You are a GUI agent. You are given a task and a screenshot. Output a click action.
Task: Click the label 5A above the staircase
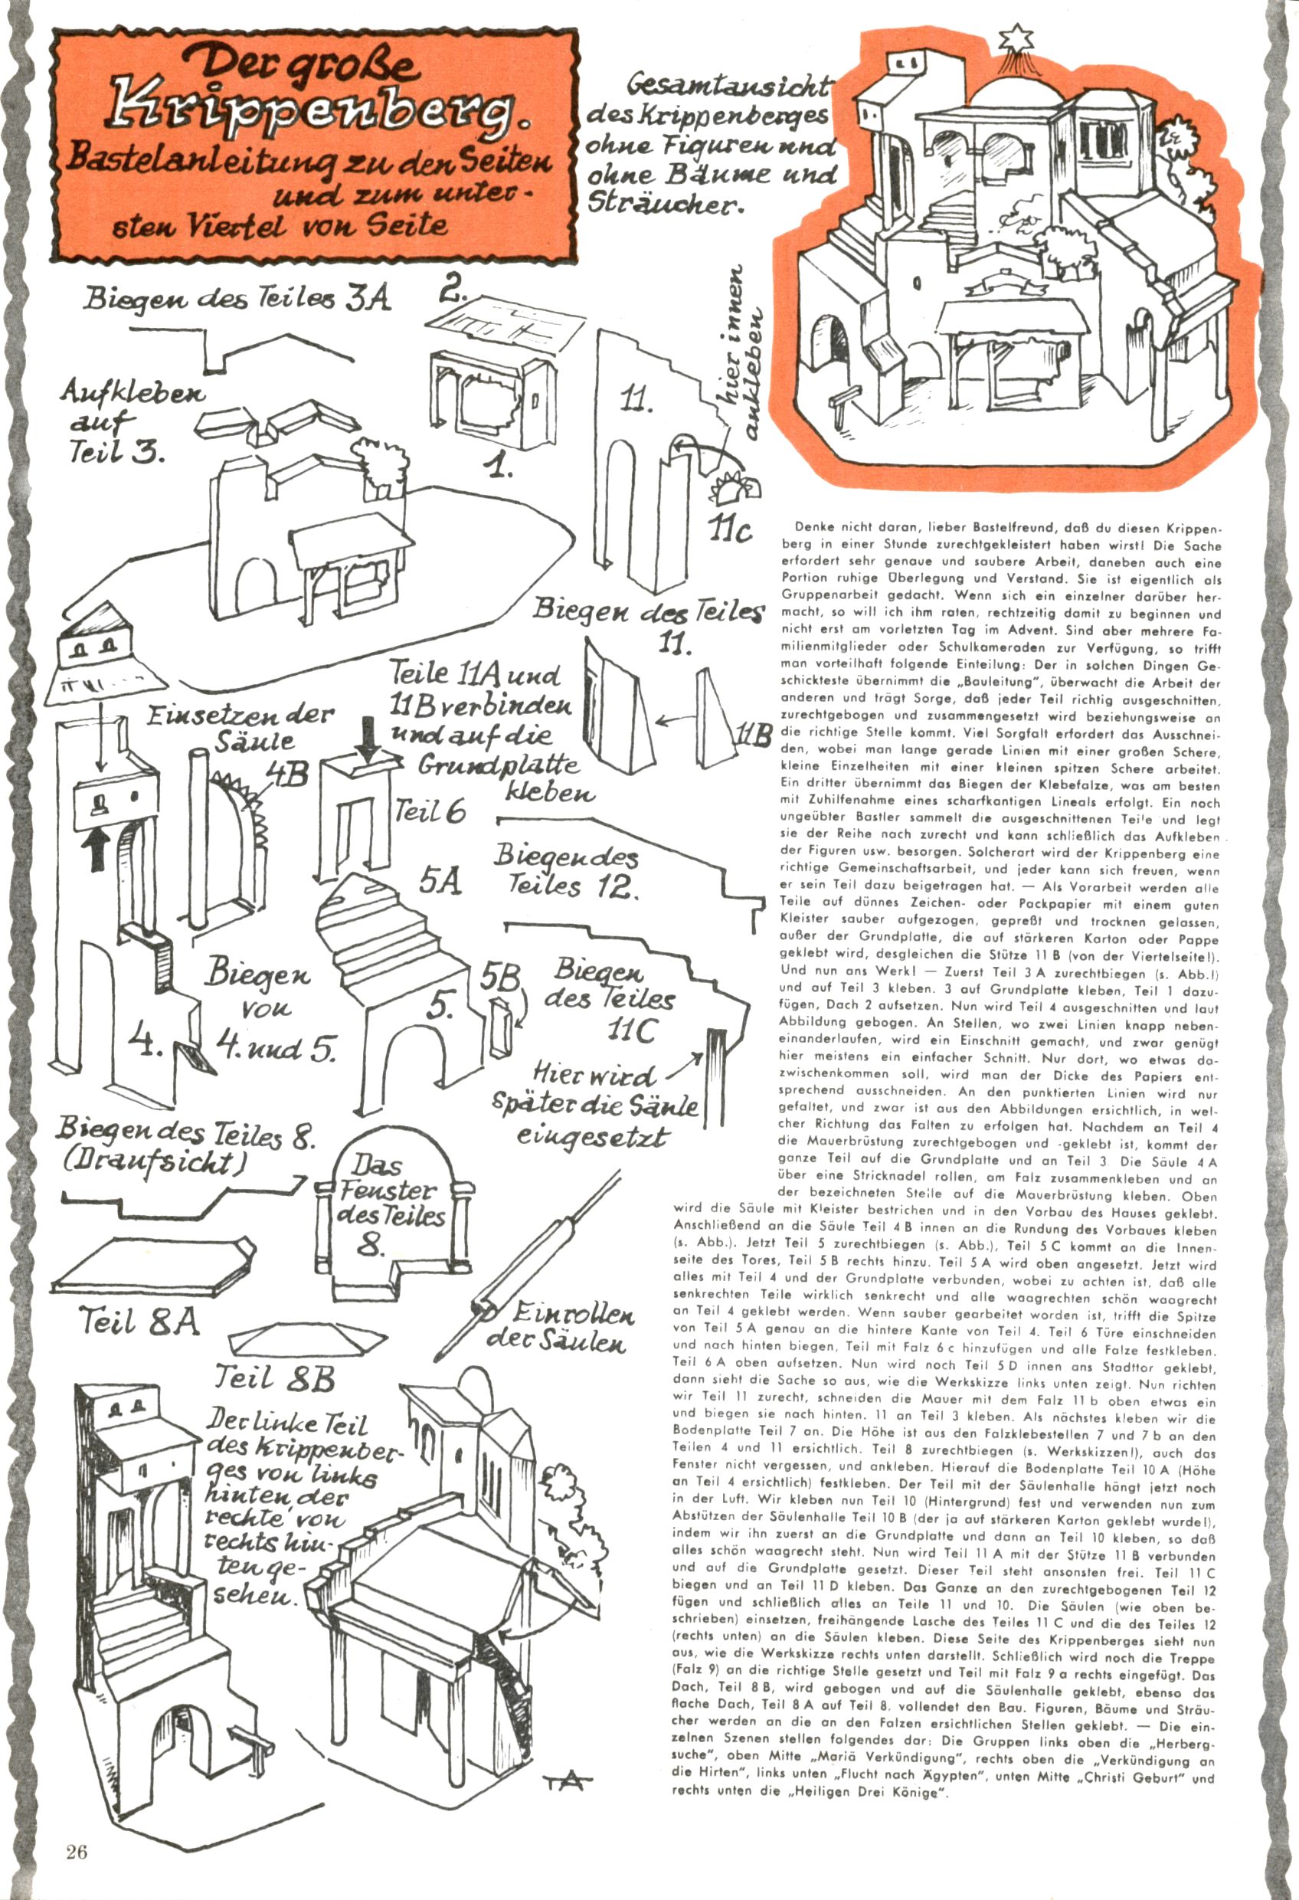point(440,881)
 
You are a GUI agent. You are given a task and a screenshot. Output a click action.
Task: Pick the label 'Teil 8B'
point(275,1379)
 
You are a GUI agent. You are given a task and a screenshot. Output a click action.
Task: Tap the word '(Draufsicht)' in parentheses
point(155,1161)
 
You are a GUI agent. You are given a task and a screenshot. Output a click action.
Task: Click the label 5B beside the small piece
point(499,978)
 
